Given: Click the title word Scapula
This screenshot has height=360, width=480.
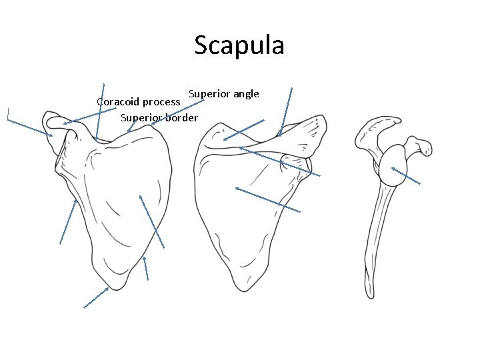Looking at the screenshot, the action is tap(239, 45).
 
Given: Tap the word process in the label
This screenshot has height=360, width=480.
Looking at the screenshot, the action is tap(161, 103).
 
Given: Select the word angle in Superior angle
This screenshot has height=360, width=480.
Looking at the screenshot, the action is tap(245, 93).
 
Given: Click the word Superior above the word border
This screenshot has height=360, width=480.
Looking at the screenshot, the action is tap(141, 118).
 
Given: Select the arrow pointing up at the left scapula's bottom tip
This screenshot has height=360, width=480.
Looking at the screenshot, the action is tap(96, 297).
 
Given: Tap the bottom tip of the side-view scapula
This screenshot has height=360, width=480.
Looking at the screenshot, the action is tap(371, 294).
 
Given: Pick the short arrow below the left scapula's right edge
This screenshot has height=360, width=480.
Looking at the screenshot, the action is tap(146, 268).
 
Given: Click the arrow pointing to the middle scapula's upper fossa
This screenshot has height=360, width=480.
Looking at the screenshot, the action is tap(244, 130).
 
